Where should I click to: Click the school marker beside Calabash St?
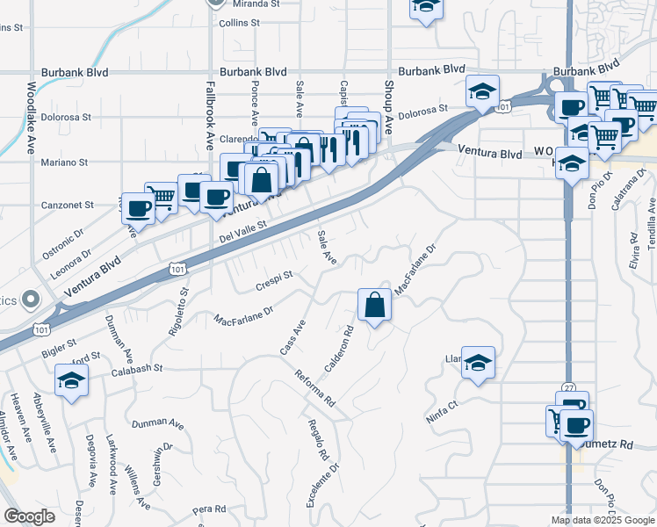coord(70,381)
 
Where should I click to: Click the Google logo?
coord(29,516)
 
